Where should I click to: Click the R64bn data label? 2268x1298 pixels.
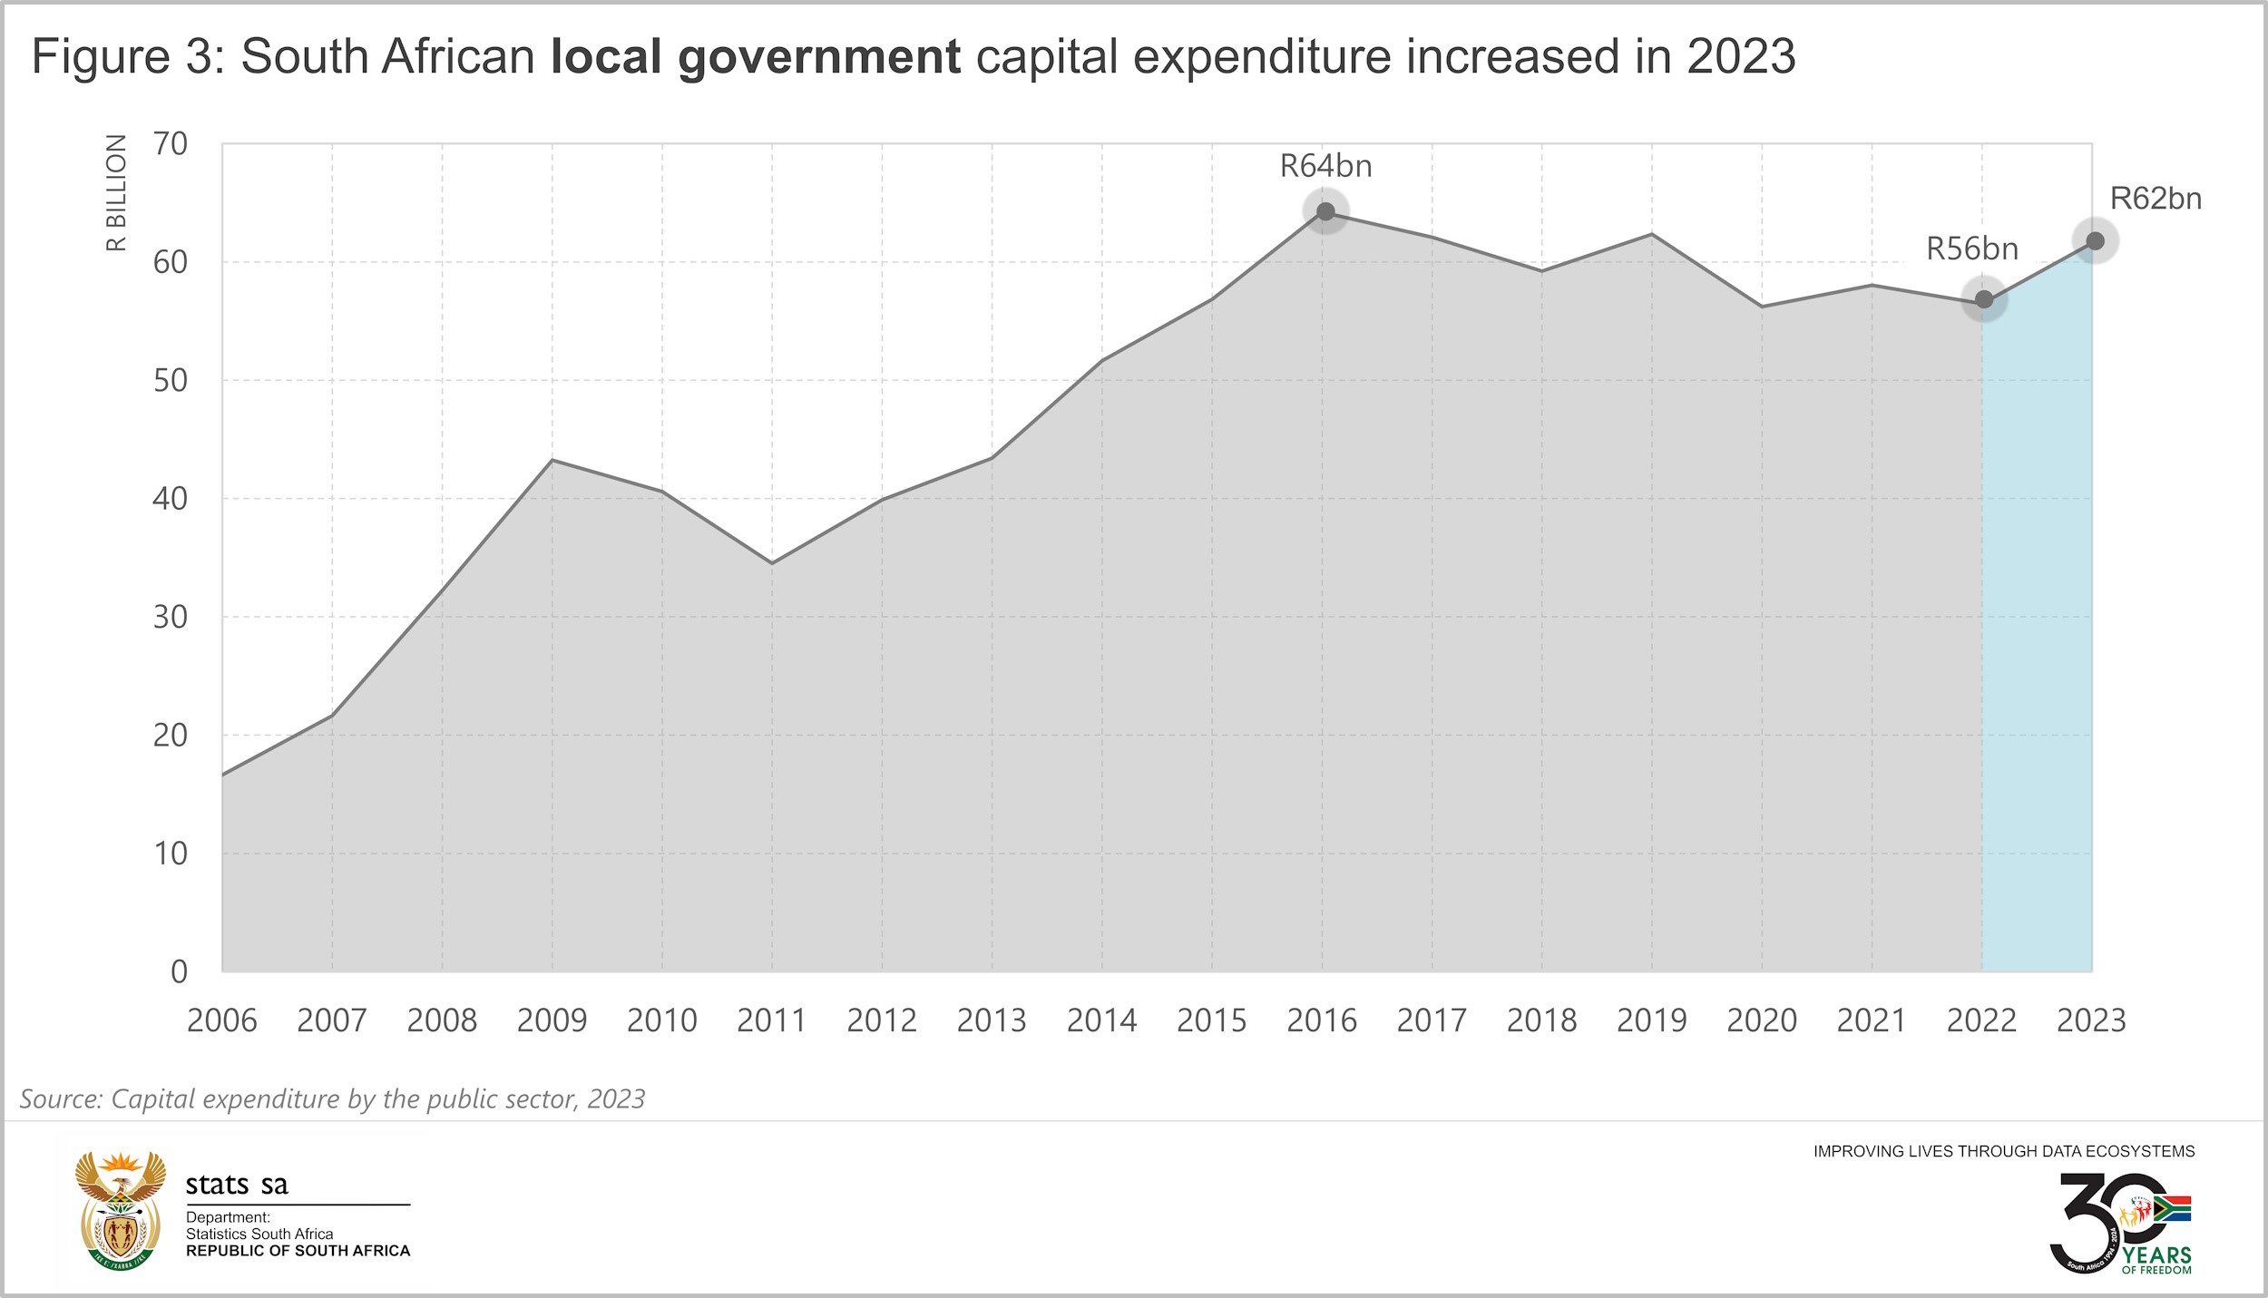pyautogui.click(x=1325, y=166)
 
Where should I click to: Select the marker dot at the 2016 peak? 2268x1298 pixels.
pyautogui.click(x=1325, y=211)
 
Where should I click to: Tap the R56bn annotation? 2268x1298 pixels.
pyautogui.click(x=1972, y=249)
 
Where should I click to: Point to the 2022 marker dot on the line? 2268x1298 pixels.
pyautogui.click(x=1984, y=299)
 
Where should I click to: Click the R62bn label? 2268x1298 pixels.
pyautogui.click(x=2156, y=199)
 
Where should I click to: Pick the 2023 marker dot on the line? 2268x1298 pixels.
pyautogui.click(x=2096, y=241)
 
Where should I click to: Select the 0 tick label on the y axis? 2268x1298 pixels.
pyautogui.click(x=179, y=971)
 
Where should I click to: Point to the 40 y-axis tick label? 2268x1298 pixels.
pyautogui.click(x=170, y=498)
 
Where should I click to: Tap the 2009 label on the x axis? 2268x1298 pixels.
pyautogui.click(x=552, y=1020)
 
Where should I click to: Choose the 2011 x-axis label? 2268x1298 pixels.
pyautogui.click(x=771, y=1020)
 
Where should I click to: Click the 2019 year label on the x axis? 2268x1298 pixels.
pyautogui.click(x=1651, y=1020)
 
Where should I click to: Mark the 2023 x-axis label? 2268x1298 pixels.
pyautogui.click(x=2091, y=1020)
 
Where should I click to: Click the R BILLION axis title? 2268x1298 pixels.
pyautogui.click(x=116, y=192)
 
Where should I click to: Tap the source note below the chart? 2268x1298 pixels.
pyautogui.click(x=332, y=1098)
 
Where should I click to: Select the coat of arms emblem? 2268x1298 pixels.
pyautogui.click(x=121, y=1210)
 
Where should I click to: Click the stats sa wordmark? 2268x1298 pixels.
pyautogui.click(x=237, y=1185)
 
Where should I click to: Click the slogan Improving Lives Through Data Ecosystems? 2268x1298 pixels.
pyautogui.click(x=2003, y=1151)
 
